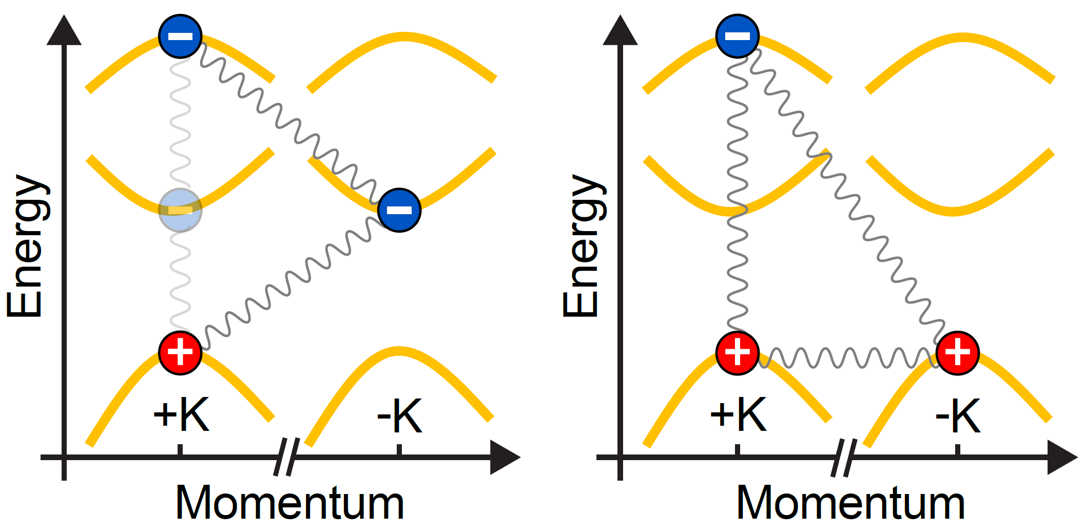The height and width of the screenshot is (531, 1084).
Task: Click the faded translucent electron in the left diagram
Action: (x=180, y=210)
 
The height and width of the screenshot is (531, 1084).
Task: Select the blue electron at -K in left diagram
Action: (x=399, y=210)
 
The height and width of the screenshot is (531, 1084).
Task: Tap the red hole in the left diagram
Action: (x=180, y=353)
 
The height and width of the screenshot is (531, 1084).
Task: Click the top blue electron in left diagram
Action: (x=180, y=36)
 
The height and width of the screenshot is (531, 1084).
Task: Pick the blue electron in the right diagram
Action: (x=738, y=36)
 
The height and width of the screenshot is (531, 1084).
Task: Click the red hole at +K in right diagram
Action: (x=738, y=353)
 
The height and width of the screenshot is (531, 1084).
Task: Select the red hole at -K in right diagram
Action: (x=958, y=353)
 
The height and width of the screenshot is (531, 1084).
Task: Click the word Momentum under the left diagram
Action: (x=289, y=503)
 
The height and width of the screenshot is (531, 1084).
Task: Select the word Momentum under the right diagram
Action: (x=850, y=503)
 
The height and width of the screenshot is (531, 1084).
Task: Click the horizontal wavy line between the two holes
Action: (x=847, y=358)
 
